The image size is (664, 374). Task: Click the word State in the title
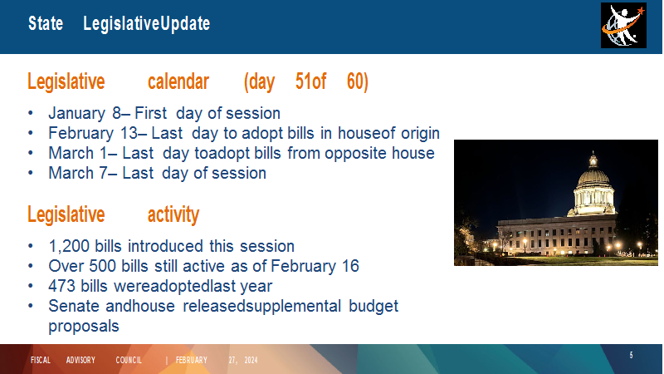pyautogui.click(x=46, y=23)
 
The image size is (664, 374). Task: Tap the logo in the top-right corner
pyautogui.click(x=623, y=26)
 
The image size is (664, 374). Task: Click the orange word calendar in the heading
pyautogui.click(x=178, y=81)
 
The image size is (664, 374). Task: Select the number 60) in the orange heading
pyautogui.click(x=358, y=81)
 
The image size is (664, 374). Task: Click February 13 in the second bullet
pyautogui.click(x=93, y=134)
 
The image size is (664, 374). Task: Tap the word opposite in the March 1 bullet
pyautogui.click(x=356, y=154)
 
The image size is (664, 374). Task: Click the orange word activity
pyautogui.click(x=173, y=214)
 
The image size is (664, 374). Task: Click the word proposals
pyautogui.click(x=84, y=327)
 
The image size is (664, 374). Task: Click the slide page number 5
pyautogui.click(x=631, y=356)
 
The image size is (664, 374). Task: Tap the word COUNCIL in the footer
pyautogui.click(x=129, y=360)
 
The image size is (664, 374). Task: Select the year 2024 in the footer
pyautogui.click(x=251, y=361)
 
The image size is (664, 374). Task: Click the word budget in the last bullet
pyautogui.click(x=373, y=306)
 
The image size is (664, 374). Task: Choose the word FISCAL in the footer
pyautogui.click(x=40, y=360)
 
